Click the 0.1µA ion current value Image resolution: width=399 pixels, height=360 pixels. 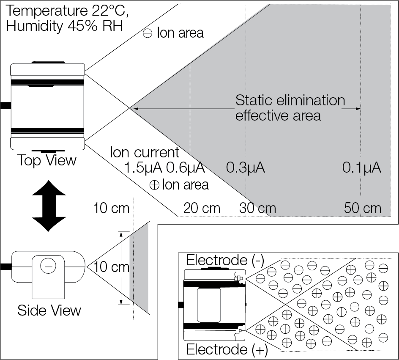(362, 168)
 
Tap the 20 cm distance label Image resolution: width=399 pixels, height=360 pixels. (202, 208)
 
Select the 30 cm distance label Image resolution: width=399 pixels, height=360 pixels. (257, 208)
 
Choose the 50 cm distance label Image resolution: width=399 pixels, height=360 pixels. (362, 208)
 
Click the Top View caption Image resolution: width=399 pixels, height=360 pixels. (47, 160)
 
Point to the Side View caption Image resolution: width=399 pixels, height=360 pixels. (49, 310)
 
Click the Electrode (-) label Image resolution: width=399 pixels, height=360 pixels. (225, 260)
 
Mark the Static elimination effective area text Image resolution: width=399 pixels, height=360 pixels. (290, 108)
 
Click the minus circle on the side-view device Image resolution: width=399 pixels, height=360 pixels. (47, 266)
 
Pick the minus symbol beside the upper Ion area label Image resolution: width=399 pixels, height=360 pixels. (148, 33)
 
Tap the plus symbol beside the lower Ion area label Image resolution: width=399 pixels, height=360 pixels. (154, 185)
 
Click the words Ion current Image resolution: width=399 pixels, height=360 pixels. (145, 152)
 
